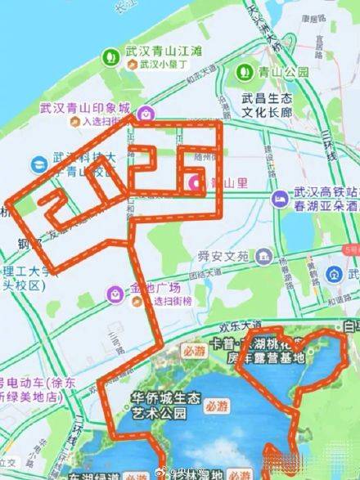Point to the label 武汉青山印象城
click(85, 107)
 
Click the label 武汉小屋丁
click(163, 63)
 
